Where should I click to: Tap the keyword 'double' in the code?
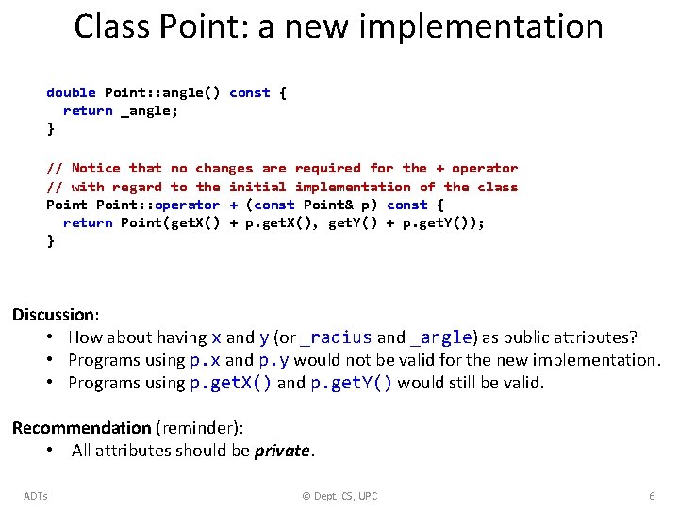tap(71, 92)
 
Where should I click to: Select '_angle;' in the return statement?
tap(149, 110)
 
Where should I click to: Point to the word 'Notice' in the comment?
tap(95, 168)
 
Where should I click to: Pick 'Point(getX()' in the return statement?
tap(171, 222)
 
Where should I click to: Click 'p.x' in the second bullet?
tap(206, 360)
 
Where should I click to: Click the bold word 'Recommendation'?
tap(81, 428)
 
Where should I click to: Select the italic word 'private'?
tap(282, 451)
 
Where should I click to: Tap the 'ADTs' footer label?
tap(36, 496)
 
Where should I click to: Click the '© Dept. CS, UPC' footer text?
tap(339, 496)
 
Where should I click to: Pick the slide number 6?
tap(652, 496)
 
